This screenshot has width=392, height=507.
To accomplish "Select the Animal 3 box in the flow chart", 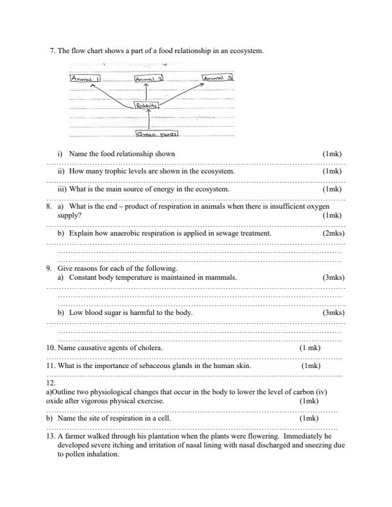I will pos(218,78).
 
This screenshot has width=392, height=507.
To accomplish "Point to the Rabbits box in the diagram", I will pos(147,106).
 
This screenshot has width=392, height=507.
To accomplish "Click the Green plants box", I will pos(157,134).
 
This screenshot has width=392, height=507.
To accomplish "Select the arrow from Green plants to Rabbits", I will pos(149,120).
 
